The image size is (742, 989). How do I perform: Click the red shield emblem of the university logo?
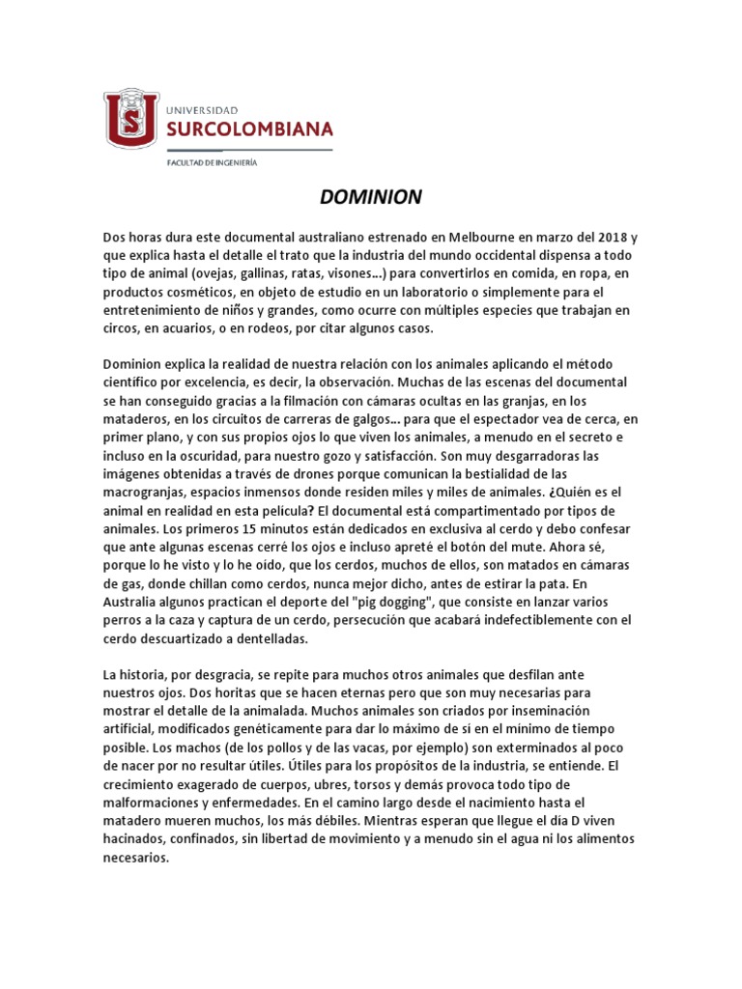click(131, 118)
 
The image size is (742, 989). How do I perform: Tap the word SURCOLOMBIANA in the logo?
click(250, 129)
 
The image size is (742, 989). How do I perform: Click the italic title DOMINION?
click(371, 198)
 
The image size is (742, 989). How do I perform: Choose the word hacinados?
click(135, 838)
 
